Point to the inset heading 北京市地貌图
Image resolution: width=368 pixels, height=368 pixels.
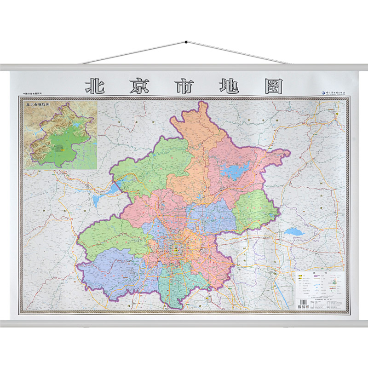44,104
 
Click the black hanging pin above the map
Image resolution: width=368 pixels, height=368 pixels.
185,43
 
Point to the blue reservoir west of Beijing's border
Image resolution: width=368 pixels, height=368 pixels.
101,199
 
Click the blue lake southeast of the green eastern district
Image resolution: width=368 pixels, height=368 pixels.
293,232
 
